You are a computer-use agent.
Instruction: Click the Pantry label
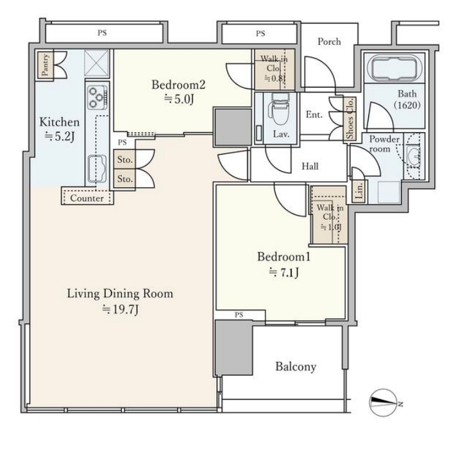tap(46, 65)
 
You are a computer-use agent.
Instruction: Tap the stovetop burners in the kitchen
tap(97, 97)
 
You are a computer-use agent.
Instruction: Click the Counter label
tap(87, 198)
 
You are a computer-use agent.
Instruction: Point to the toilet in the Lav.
tap(279, 109)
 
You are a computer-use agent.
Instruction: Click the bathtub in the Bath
tap(394, 68)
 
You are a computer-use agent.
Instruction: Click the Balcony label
tap(296, 367)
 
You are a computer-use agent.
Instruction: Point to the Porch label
tap(329, 42)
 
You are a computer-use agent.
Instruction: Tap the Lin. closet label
tap(359, 191)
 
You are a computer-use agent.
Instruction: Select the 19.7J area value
tap(121, 310)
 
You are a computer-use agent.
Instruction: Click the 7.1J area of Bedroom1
tap(284, 273)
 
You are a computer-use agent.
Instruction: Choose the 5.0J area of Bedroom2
tap(179, 99)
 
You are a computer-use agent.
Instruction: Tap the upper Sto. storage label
tap(125, 160)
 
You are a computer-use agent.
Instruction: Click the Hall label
tap(310, 166)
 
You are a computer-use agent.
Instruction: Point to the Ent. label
tap(314, 115)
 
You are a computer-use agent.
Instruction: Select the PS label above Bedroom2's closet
tap(260, 34)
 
